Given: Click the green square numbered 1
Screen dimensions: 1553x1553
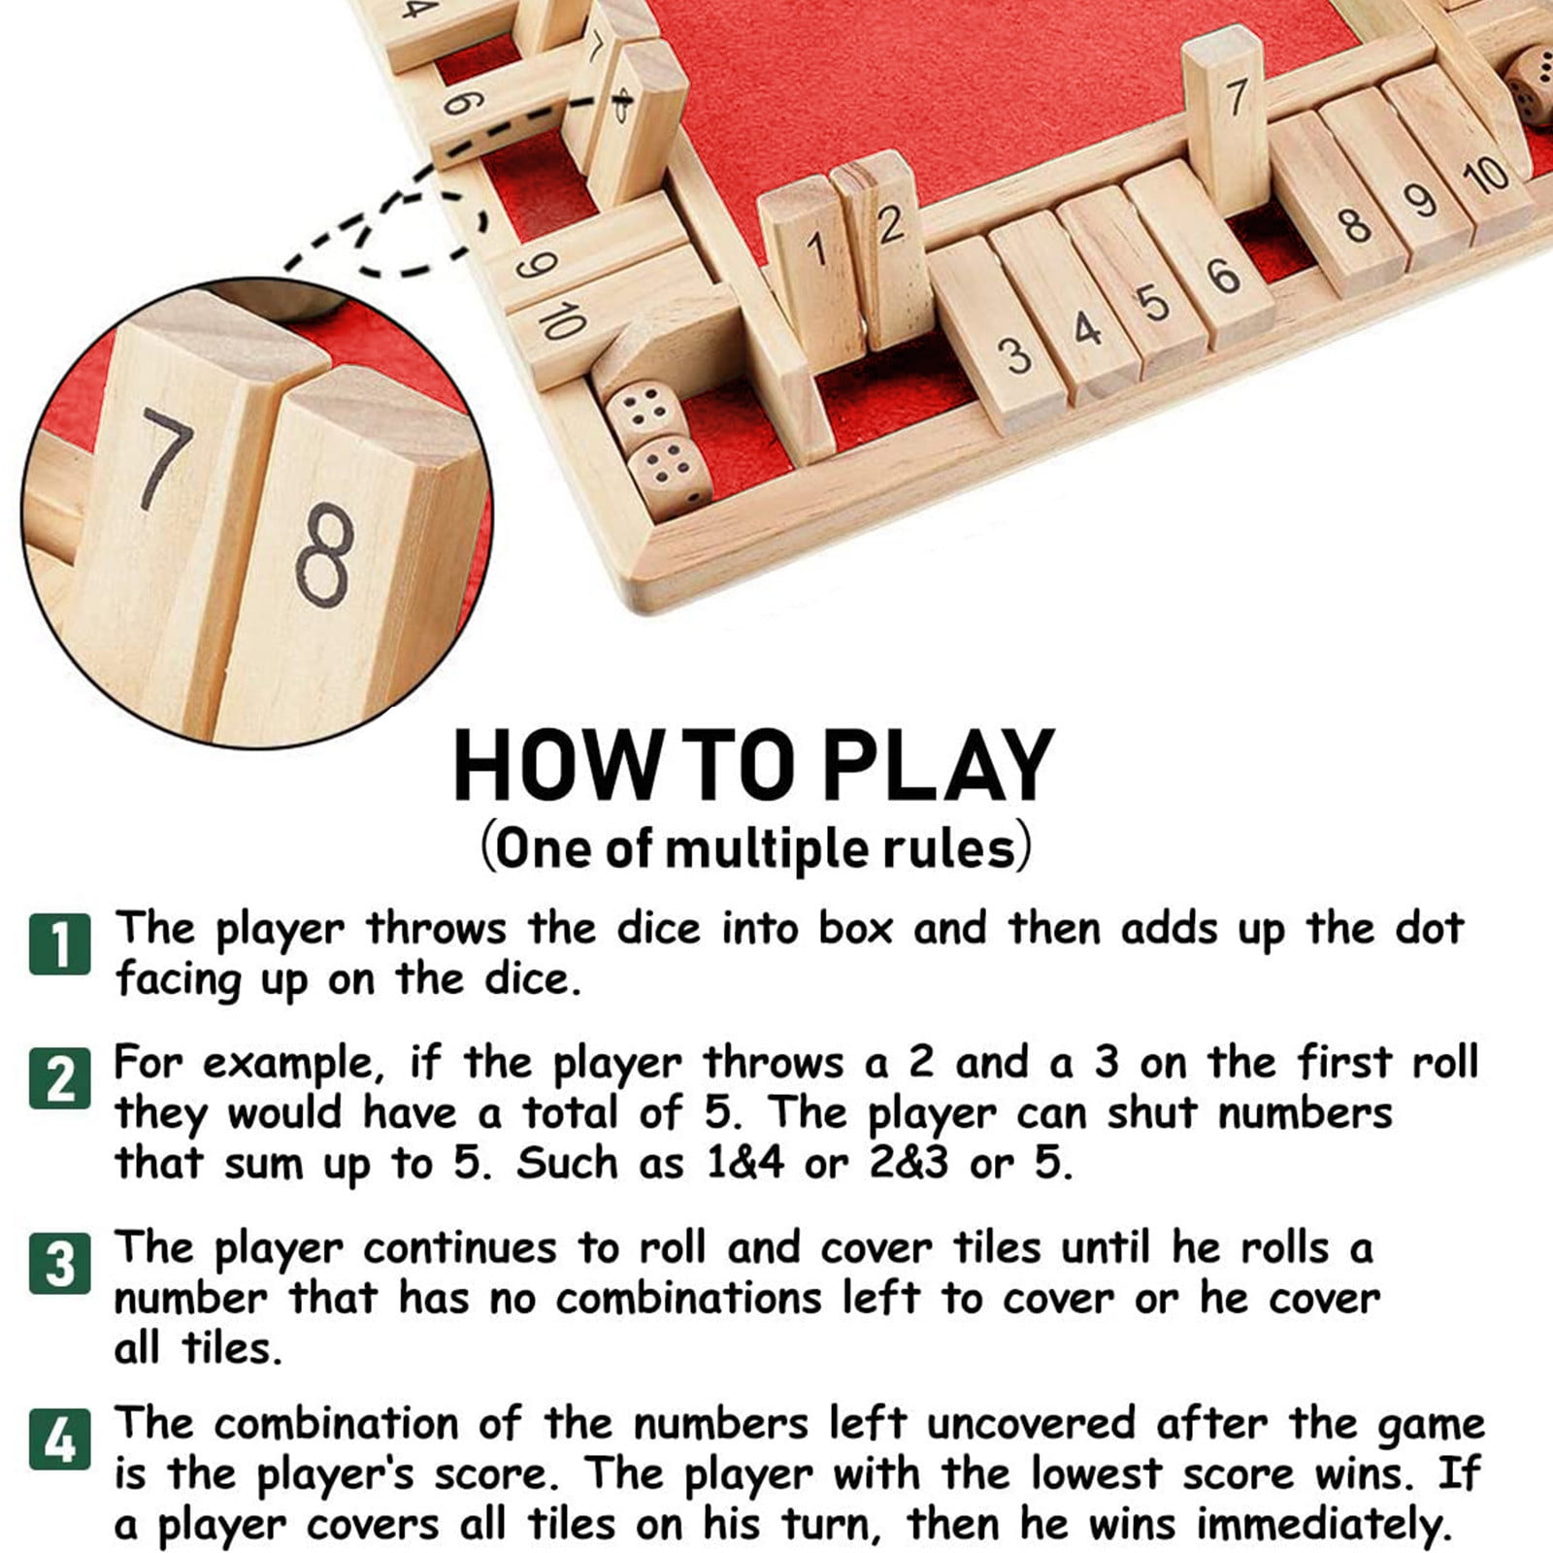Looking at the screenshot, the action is tap(60, 942).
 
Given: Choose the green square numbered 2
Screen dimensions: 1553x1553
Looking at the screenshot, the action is tap(60, 1076).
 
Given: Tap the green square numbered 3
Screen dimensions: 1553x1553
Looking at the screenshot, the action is tap(60, 1263).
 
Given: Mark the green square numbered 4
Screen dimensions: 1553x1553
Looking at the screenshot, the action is tap(60, 1439).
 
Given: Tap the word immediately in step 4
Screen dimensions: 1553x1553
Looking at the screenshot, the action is tap(1325, 1526).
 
